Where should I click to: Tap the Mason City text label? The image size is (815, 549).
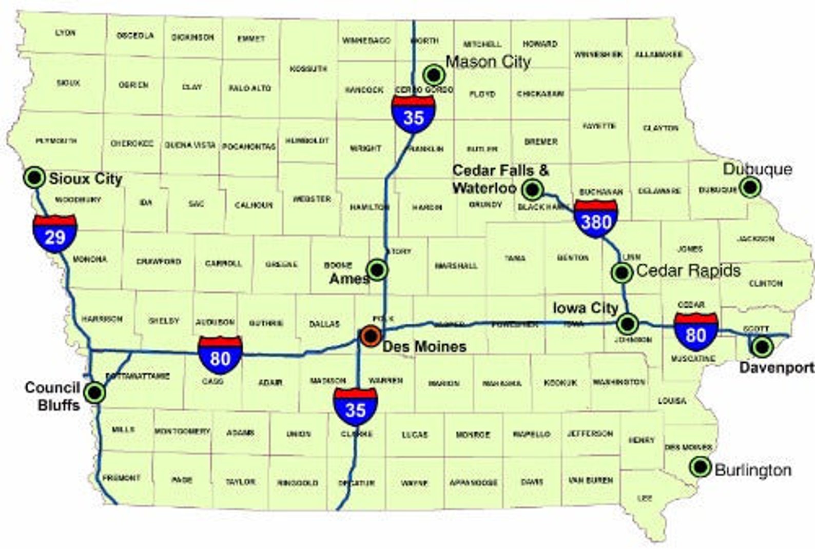coord(488,62)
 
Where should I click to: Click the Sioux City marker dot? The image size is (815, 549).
coord(35,178)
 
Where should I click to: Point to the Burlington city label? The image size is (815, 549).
coord(753,470)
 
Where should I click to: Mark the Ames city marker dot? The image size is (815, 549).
coord(377,269)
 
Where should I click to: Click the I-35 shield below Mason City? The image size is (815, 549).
coord(413,114)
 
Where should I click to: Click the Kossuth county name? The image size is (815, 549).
coord(308,69)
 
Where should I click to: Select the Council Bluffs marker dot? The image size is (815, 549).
coord(94,393)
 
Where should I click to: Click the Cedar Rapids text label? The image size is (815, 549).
coord(688,270)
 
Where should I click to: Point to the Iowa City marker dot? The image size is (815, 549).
coord(627,324)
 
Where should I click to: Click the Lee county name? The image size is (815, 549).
coord(645,498)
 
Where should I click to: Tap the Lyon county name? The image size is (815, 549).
coord(65,33)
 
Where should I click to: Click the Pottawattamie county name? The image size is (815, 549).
coord(137,376)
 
